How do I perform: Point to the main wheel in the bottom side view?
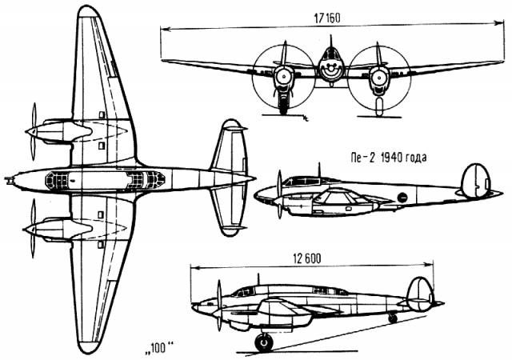pyautogui.click(x=263, y=342)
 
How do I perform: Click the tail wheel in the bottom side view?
pyautogui.click(x=392, y=318)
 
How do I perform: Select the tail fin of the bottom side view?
pyautogui.click(x=419, y=292)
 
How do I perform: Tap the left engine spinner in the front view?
pyautogui.click(x=281, y=77)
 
